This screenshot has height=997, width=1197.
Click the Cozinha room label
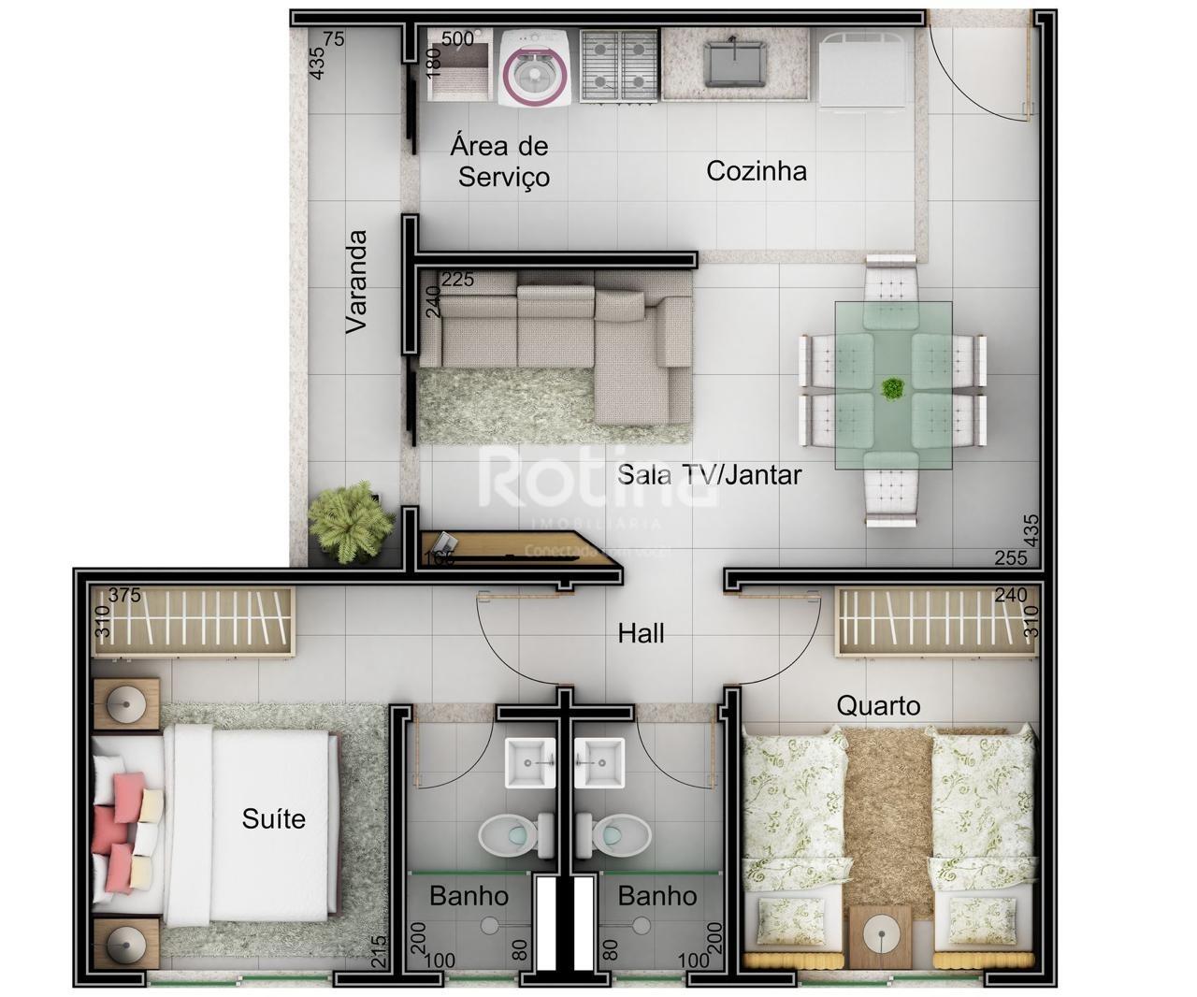point(756,171)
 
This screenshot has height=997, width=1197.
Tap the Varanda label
point(356,282)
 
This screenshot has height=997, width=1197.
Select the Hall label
point(641,634)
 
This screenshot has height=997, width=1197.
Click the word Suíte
point(273,819)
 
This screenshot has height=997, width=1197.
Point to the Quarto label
point(878,705)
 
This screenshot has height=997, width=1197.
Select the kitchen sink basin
point(735,61)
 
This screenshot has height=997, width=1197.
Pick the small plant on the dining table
point(893,387)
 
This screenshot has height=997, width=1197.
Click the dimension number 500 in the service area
point(457,39)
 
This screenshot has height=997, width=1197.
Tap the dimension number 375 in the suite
point(124,596)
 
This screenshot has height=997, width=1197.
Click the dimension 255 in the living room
point(1010,558)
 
